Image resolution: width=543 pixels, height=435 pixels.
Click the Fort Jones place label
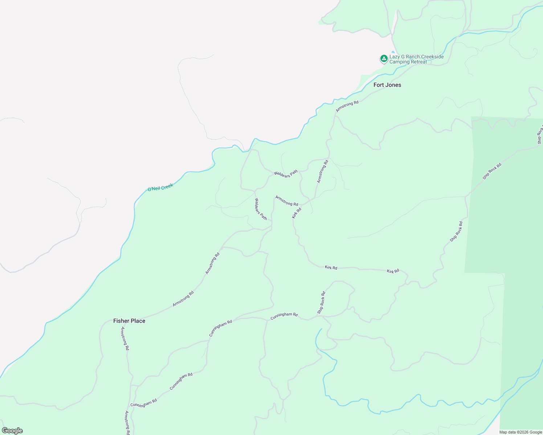387,85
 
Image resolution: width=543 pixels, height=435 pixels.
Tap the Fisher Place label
129,321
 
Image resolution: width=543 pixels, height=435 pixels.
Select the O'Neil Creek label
160,187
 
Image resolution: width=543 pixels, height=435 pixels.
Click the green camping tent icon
384,59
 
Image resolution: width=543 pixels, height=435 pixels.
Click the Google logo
12,431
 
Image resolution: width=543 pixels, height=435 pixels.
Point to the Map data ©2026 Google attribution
520,432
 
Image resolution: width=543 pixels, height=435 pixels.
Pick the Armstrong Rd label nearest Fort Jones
347,106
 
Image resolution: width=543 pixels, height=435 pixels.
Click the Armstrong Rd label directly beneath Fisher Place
125,338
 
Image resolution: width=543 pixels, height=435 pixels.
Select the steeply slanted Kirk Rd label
297,213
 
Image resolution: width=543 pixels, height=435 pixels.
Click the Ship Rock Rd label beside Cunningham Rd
321,303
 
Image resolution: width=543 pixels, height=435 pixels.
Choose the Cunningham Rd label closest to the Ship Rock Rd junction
284,315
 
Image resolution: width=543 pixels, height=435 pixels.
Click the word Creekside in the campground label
431,57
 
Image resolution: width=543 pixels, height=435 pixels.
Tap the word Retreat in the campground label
418,62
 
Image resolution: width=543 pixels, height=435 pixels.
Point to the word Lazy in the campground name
395,57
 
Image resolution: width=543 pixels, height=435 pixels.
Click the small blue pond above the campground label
393,52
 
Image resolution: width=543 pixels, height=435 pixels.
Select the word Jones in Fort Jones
393,85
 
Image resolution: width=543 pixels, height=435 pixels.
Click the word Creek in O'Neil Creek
167,186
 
